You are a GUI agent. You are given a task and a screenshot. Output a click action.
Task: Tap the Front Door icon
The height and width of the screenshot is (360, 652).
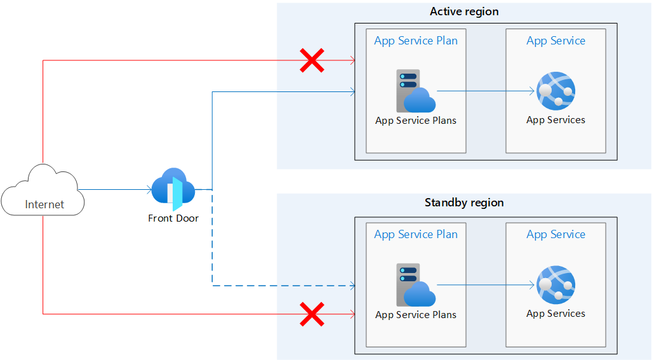tap(173, 189)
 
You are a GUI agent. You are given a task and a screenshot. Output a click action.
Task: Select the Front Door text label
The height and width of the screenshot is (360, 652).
tap(173, 218)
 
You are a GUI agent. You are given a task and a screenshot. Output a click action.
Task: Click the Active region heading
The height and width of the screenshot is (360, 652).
tap(464, 11)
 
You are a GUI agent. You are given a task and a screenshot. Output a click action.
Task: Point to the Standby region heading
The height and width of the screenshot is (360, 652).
tap(464, 203)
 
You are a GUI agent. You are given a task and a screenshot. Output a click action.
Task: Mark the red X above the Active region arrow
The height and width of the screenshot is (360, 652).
tap(312, 61)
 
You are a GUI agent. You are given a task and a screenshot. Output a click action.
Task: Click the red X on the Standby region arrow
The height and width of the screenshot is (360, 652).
tap(312, 314)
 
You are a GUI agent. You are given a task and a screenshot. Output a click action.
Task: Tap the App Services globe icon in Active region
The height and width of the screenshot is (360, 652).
tap(556, 91)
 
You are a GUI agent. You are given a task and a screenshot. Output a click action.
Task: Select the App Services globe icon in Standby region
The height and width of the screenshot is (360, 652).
tap(556, 285)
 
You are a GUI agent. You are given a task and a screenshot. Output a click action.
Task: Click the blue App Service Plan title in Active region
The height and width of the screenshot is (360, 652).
tap(416, 41)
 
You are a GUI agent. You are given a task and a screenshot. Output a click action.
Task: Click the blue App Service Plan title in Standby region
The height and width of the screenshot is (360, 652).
tap(416, 234)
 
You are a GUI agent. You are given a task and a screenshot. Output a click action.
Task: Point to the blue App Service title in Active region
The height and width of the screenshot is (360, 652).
tap(556, 41)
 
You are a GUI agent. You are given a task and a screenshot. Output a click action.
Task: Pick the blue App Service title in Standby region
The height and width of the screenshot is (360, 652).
tap(556, 234)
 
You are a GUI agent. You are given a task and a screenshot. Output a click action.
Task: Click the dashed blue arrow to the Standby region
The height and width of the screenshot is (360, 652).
tap(279, 286)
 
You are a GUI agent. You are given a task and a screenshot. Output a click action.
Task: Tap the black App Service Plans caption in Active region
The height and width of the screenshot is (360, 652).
tap(416, 120)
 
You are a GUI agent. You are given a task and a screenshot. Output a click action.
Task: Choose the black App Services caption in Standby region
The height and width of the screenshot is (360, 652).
tap(556, 314)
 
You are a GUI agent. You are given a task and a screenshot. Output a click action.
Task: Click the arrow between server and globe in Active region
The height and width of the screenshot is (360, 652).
tap(486, 91)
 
